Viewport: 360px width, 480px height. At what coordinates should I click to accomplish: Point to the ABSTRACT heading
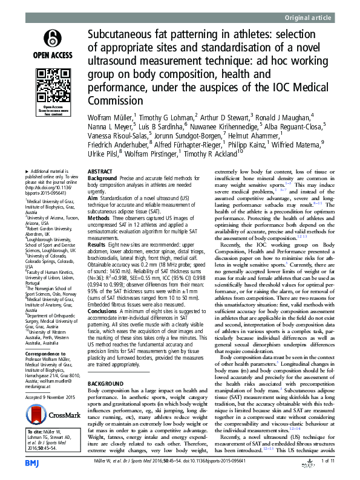[x=100, y=172]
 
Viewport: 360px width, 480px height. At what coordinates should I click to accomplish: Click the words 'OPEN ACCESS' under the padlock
[x=50, y=57]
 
